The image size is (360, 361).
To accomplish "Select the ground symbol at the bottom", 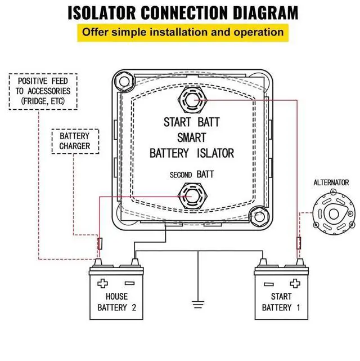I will tap(197, 305).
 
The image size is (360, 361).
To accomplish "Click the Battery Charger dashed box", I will tap(75, 141).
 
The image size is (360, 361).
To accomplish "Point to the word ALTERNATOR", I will tap(331, 182).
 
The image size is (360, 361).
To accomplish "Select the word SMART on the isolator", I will tap(191, 137).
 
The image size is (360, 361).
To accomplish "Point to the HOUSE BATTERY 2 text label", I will tap(116, 302).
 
